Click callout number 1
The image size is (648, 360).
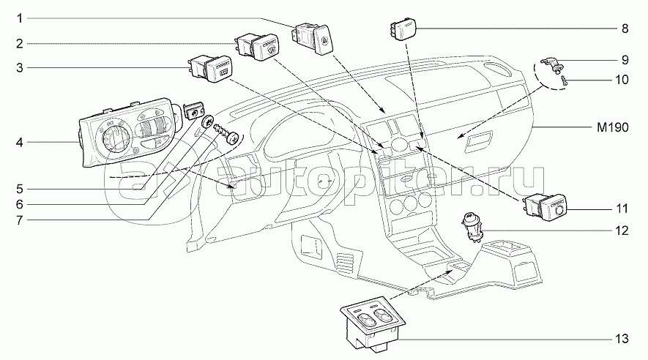coord(21,17)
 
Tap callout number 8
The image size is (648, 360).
coord(625,29)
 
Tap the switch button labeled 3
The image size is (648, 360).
coord(210,70)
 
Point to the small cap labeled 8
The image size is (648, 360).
coord(402,29)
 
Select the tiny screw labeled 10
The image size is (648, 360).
coord(567,83)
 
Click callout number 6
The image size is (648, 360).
coord(21,204)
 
